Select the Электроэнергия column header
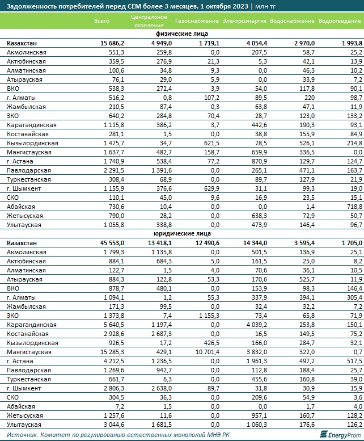(244, 21)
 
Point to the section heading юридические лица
(181, 233)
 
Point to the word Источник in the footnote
(22, 435)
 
